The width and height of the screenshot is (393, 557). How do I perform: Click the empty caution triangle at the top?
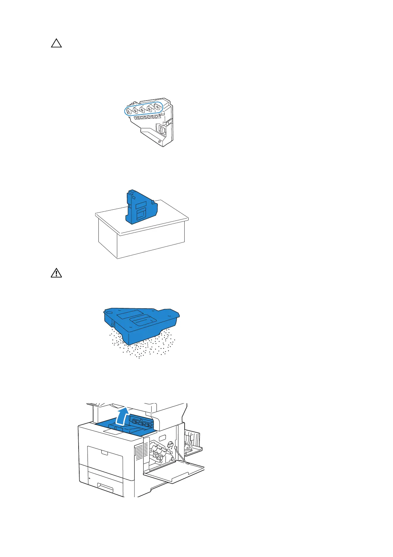[x=56, y=43]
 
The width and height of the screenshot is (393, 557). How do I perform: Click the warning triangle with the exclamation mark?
[x=56, y=273]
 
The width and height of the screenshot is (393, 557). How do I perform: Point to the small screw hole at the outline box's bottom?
[x=160, y=141]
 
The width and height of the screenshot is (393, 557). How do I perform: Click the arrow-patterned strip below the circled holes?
[x=147, y=117]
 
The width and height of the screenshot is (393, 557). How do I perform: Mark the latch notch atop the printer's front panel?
[x=104, y=452]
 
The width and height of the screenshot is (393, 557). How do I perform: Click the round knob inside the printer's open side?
[x=170, y=444]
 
